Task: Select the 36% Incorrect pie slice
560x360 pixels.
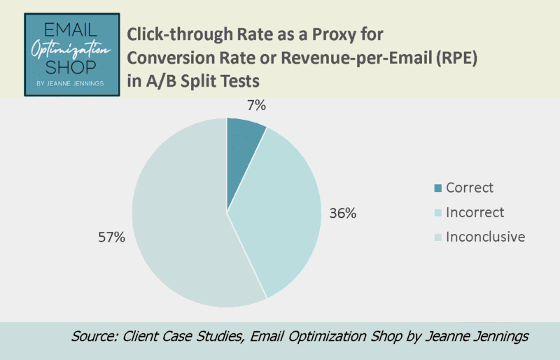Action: pos(280,217)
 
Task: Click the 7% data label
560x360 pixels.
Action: pos(257,106)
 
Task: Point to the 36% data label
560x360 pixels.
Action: pos(343,213)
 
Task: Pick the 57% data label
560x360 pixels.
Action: pos(111,237)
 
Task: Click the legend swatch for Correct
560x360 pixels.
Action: pos(438,188)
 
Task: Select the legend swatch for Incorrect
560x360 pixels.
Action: pos(438,212)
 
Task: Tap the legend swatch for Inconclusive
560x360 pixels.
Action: pos(438,237)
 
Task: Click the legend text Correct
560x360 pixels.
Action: pos(470,188)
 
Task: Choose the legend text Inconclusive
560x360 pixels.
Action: pos(485,237)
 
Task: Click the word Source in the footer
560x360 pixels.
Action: pos(94,337)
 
